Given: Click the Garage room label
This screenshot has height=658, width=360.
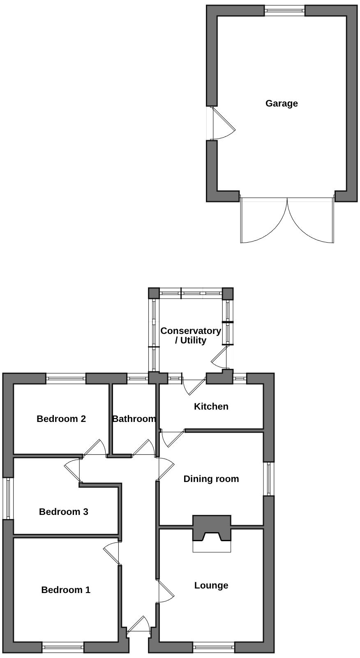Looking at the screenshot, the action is click(x=282, y=103).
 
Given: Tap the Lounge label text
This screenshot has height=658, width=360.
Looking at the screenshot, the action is click(x=211, y=586).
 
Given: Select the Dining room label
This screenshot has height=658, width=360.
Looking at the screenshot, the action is click(x=211, y=479).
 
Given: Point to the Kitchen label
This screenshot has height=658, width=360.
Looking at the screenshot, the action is click(x=211, y=407).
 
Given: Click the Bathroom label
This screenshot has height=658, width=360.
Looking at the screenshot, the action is click(x=134, y=419).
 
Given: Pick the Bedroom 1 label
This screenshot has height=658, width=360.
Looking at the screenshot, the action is click(x=66, y=590).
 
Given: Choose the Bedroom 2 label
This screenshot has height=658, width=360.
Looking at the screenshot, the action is click(x=61, y=419).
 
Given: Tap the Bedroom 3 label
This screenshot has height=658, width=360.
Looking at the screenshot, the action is click(x=63, y=512).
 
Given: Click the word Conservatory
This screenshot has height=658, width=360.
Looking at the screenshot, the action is click(x=191, y=331).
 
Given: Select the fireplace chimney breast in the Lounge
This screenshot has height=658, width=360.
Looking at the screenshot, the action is click(x=212, y=528).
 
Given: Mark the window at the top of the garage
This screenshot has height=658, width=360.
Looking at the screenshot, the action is click(x=284, y=11).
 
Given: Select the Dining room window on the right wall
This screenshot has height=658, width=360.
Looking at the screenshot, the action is click(x=269, y=479).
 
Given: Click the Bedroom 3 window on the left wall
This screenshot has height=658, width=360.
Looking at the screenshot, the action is click(x=8, y=498).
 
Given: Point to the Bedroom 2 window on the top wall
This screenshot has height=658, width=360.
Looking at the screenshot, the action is click(x=66, y=378).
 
